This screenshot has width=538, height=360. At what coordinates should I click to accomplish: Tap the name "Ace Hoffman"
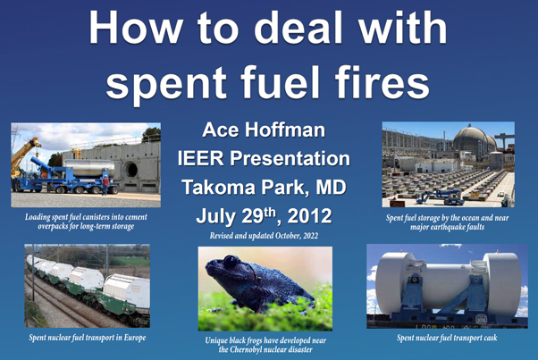264,130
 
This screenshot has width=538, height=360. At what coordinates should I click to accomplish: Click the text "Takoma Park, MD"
264,188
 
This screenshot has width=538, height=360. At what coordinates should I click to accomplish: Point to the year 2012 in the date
309,216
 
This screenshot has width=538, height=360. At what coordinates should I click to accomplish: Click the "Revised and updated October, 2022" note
264,236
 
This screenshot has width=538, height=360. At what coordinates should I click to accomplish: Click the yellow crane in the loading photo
24,155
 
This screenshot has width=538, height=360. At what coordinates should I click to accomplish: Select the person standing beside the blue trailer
105,185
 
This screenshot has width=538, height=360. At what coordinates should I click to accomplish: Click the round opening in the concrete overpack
130,170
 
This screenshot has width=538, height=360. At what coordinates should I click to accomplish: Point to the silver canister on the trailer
90,168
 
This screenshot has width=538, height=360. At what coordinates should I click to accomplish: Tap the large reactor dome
472,140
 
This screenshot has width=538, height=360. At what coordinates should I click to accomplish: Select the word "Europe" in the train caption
135,338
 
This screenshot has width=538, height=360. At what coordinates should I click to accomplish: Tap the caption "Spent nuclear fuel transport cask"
447,338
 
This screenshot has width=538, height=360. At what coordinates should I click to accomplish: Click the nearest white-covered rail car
126,290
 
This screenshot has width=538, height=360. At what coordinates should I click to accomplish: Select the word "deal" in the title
298,28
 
